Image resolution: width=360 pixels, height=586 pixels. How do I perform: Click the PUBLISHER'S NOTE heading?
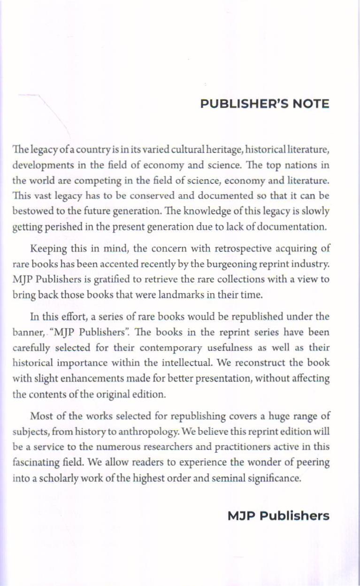tap(265, 104)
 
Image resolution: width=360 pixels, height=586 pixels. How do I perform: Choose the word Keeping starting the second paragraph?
tap(47, 248)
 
